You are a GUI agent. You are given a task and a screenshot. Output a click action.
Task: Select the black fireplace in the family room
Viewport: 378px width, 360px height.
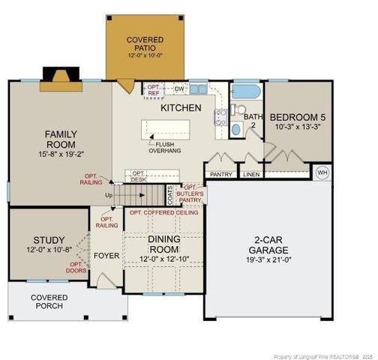pos(57,76)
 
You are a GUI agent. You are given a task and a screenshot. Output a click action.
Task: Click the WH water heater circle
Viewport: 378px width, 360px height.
pos(323,172)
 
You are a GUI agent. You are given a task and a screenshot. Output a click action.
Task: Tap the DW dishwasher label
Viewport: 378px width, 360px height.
pos(178,88)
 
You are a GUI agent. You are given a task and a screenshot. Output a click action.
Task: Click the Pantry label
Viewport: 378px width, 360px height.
pos(222,175)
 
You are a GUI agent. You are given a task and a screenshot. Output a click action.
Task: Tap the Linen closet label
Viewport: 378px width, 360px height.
pos(252,175)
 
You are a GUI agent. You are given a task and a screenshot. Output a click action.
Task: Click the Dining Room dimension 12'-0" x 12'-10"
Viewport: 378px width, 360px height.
pos(163,259)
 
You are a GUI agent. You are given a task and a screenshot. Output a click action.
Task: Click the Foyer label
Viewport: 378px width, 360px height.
pos(106,256)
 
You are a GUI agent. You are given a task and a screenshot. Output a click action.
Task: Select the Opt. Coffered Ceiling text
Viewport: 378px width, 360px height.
pos(164,213)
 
